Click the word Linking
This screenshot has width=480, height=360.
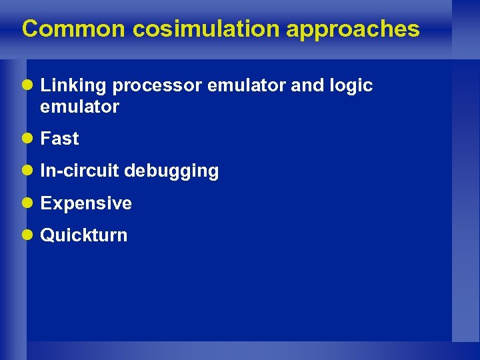(x=74, y=86)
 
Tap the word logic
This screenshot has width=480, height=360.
(x=351, y=86)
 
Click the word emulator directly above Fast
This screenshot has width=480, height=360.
(x=80, y=107)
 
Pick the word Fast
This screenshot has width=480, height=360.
(x=60, y=139)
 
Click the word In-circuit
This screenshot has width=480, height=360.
(x=80, y=171)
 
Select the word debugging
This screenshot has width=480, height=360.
(x=171, y=171)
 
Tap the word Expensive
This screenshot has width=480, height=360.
(x=86, y=203)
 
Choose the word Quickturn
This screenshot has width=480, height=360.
(x=84, y=235)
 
